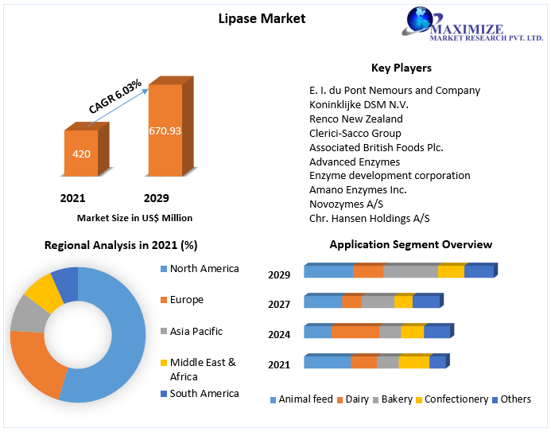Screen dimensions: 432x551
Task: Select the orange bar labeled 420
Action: (x=81, y=154)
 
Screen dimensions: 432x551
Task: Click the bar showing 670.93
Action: (x=165, y=130)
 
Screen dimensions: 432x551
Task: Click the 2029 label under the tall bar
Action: (x=156, y=198)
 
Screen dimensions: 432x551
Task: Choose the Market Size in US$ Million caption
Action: (x=134, y=217)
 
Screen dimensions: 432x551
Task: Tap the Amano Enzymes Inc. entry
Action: (x=358, y=190)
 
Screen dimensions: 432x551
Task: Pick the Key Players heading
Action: (x=402, y=68)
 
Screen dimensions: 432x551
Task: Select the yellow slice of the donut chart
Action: (x=43, y=295)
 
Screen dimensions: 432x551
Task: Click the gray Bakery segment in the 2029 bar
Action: (x=410, y=272)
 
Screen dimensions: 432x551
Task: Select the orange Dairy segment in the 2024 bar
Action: (x=355, y=332)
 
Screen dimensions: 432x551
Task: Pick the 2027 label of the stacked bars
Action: (x=279, y=304)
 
